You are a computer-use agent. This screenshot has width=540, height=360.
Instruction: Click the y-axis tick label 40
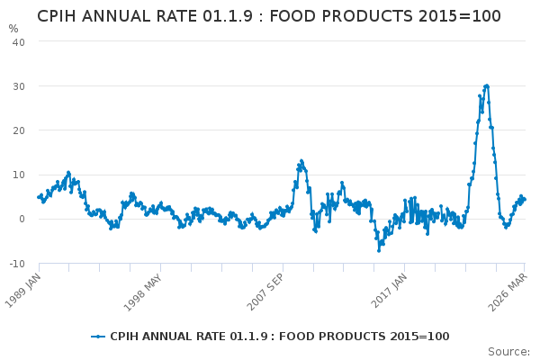pos(19,42)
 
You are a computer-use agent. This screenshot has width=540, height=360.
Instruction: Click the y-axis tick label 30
pos(19,86)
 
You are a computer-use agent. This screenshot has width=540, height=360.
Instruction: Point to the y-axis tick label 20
pos(19,130)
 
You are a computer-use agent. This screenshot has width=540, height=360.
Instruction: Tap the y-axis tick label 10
pos(19,175)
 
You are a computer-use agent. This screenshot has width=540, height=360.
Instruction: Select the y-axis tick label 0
pos(22,219)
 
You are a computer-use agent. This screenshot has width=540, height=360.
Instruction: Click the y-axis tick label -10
pos(17,263)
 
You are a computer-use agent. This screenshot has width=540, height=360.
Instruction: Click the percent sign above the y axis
pos(13,29)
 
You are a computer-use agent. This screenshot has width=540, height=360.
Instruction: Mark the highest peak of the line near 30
pos(486,86)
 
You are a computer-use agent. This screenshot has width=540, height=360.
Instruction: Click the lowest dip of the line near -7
pos(379,249)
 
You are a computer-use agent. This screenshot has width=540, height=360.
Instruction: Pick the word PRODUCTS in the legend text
pos(343,337)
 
